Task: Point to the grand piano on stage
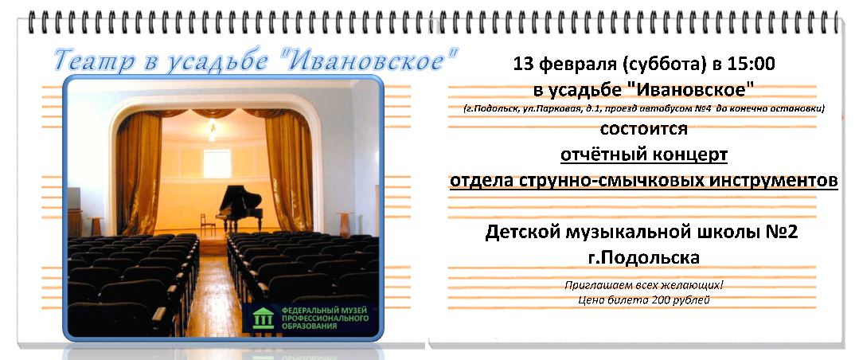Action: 240,207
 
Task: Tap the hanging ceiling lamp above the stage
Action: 212,130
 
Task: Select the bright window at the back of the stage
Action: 217,163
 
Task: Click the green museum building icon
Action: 264,318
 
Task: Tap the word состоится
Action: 643,130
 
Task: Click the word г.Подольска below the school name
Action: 643,257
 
